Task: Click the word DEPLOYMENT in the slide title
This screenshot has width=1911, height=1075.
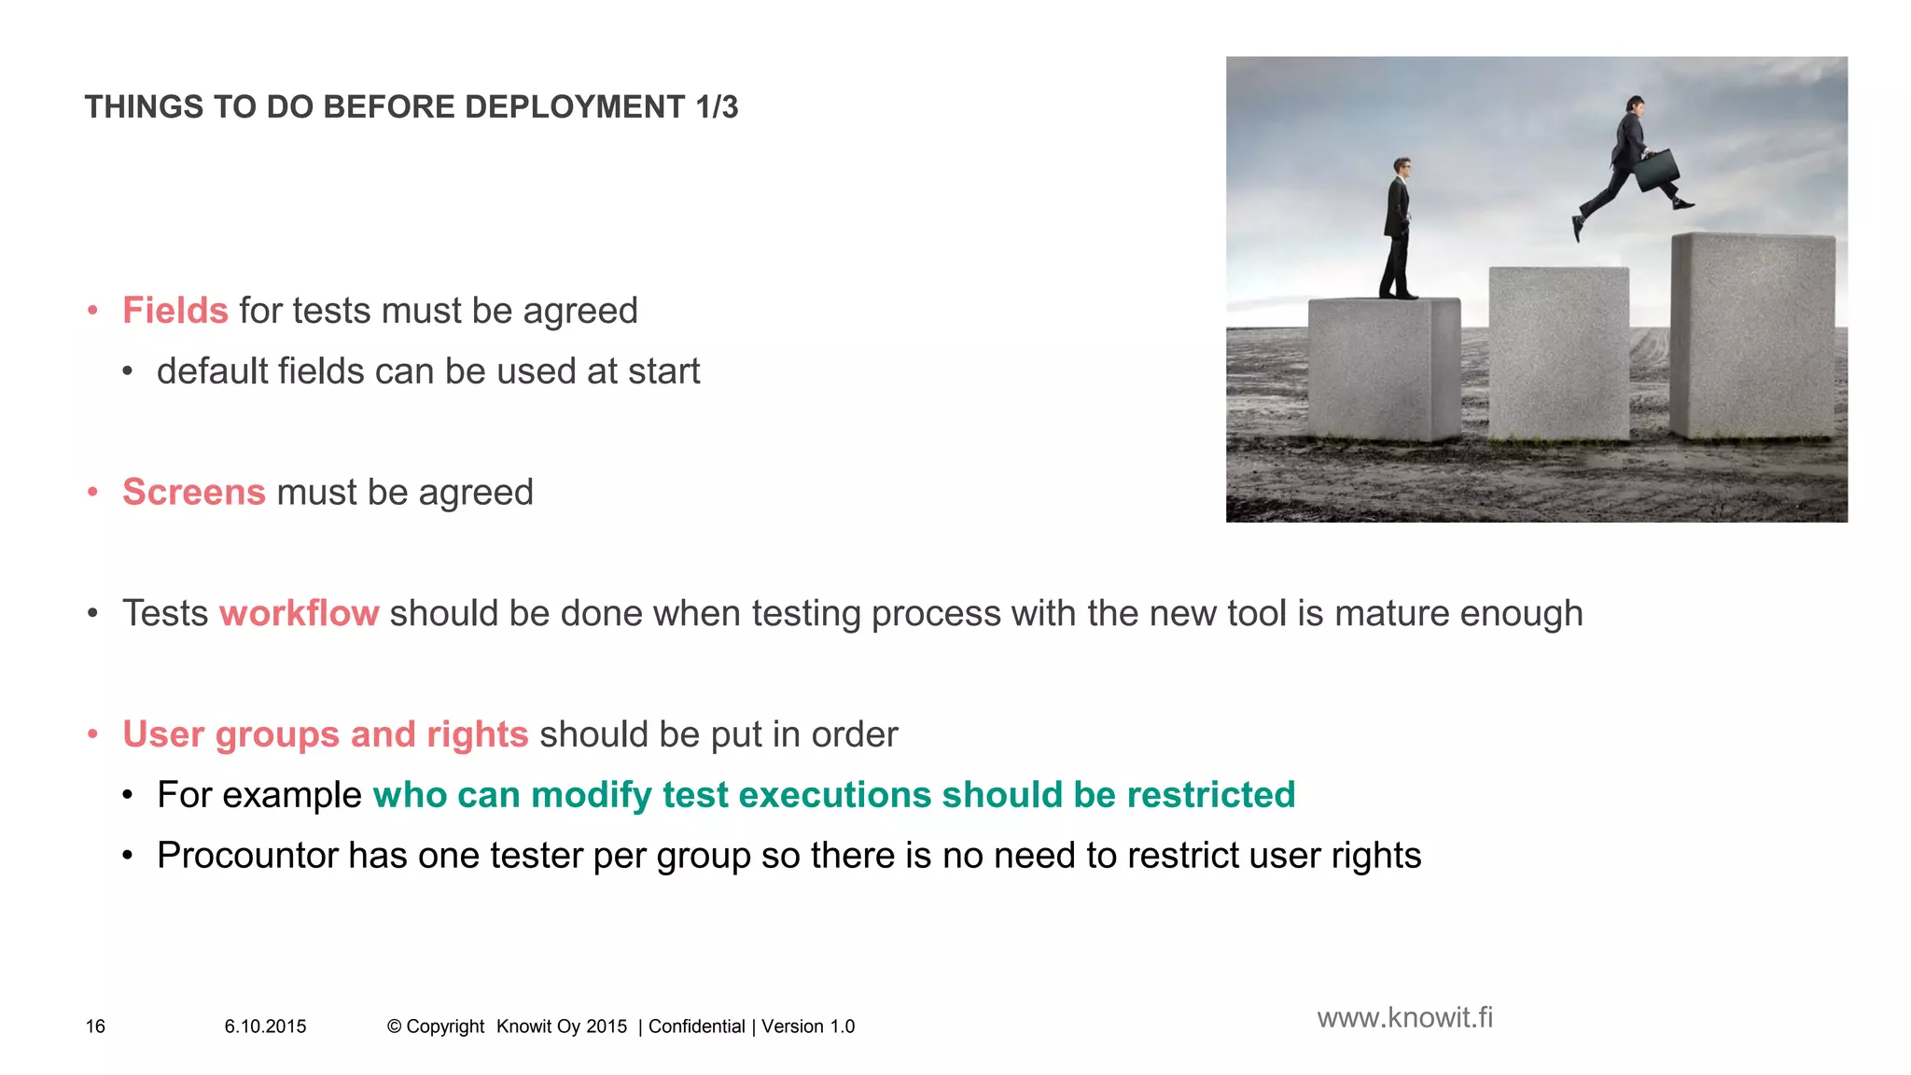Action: (575, 107)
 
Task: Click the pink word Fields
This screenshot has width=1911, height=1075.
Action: (175, 311)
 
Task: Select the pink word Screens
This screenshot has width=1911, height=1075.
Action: (194, 492)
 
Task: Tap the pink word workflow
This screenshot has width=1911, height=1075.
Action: (299, 613)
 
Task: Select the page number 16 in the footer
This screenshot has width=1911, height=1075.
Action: (95, 1026)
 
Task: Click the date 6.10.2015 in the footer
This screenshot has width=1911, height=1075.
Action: (265, 1026)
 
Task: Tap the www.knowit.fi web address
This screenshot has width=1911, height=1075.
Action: (1404, 1017)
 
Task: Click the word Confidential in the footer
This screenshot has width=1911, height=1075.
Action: (696, 1026)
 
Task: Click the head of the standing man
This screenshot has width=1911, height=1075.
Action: (1402, 168)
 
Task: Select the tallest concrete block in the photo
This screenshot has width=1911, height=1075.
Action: (1752, 336)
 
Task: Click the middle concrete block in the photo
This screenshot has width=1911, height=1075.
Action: (1558, 353)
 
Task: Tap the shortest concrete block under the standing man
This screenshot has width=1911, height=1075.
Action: (1383, 369)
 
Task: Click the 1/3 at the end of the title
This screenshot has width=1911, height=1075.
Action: (717, 107)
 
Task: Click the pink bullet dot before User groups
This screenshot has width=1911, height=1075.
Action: (92, 734)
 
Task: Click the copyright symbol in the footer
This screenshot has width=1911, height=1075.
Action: (394, 1026)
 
